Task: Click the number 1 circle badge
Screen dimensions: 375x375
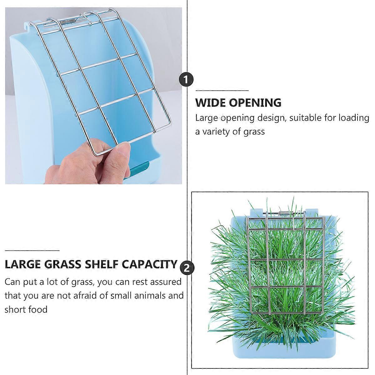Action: click(186, 80)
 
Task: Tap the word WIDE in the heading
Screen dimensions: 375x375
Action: click(210, 102)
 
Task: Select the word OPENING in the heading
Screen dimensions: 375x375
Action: click(255, 102)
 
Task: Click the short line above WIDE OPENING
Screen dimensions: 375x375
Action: click(222, 91)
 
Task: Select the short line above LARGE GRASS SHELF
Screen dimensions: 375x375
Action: click(32, 251)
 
